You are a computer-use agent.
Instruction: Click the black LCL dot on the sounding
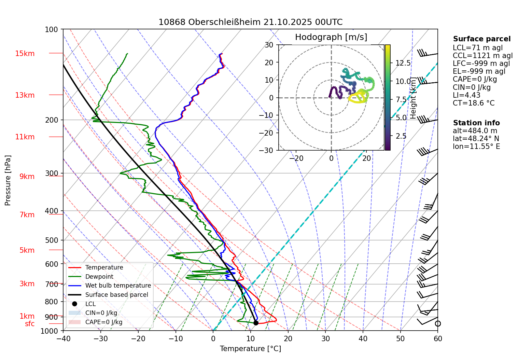256,323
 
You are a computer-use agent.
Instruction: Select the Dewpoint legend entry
99,277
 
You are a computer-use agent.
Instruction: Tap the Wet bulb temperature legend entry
118,286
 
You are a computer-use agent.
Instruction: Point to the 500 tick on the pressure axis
52,240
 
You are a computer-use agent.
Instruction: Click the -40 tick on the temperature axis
63,338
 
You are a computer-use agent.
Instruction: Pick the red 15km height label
25,54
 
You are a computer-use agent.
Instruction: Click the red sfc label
30,324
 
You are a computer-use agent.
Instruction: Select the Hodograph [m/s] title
331,37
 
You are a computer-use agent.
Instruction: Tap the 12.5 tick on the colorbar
403,63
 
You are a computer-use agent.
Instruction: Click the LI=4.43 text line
466,95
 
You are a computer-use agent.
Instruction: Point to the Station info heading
476,123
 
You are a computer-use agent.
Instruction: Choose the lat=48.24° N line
476,139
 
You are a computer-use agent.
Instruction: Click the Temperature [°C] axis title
250,349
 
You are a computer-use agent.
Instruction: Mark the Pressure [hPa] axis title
8,180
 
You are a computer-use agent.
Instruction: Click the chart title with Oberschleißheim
250,22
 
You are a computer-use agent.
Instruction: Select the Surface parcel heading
481,39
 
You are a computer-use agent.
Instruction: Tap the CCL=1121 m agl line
482,56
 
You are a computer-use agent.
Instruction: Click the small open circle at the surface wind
438,323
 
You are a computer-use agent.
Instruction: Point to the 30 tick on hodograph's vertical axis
269,45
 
